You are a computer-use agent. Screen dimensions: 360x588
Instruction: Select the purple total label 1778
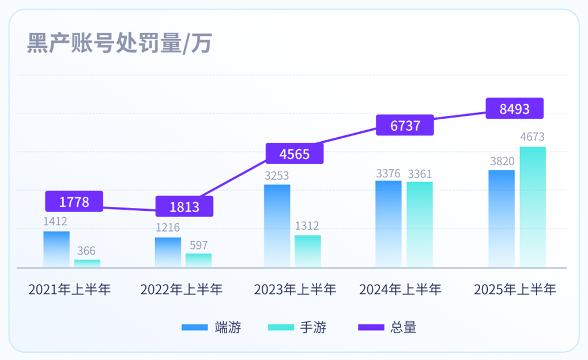click(74, 202)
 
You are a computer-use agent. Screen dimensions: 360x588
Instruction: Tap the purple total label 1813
click(184, 207)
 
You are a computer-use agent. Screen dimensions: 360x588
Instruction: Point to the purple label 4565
click(295, 154)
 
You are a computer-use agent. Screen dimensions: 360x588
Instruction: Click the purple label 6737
click(405, 126)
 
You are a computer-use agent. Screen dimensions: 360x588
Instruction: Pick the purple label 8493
click(515, 108)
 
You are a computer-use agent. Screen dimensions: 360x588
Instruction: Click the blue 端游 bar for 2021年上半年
click(56, 249)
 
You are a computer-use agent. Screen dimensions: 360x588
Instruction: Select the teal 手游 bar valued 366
click(87, 263)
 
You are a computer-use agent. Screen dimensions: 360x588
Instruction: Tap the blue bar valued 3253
click(277, 226)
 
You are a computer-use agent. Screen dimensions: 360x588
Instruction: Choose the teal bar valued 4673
click(533, 207)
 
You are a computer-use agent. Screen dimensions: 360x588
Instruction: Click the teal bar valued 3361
click(420, 224)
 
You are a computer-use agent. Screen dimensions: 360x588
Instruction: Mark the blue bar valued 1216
click(168, 252)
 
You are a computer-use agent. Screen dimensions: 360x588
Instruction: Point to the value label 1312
click(308, 226)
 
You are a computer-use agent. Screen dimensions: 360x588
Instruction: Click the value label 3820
click(502, 161)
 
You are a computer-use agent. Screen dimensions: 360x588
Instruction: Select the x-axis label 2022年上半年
click(181, 289)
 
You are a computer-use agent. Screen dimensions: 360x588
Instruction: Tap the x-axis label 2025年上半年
click(515, 289)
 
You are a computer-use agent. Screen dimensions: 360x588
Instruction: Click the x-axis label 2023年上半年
click(295, 289)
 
